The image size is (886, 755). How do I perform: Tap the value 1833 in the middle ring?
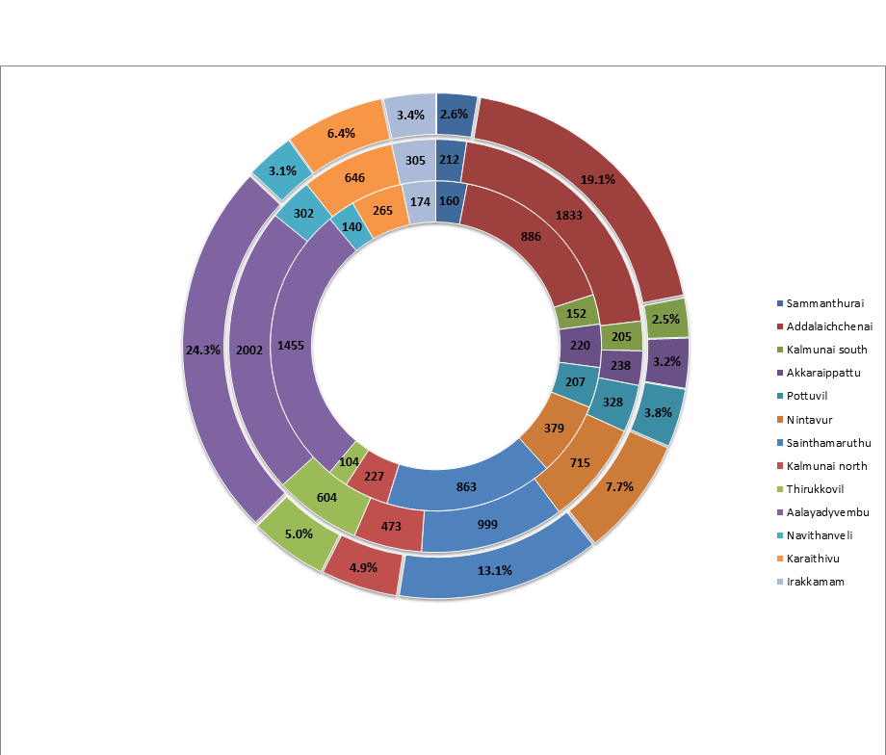tap(568, 216)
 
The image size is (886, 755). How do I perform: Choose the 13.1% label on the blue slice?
tap(494, 570)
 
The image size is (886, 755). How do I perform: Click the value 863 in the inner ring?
tap(466, 487)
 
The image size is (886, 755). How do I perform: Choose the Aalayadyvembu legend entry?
tap(828, 511)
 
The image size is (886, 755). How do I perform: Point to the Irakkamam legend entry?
tap(815, 581)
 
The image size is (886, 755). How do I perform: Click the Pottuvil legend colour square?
tap(778, 396)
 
